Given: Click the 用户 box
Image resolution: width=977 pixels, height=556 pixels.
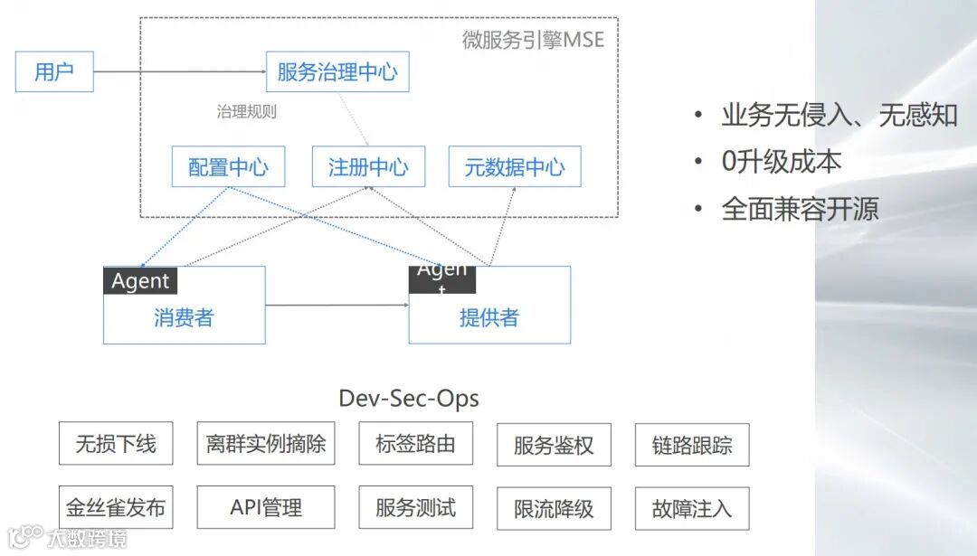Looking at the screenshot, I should pos(54,71).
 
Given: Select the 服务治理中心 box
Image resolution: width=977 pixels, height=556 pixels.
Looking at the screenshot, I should pos(337,71).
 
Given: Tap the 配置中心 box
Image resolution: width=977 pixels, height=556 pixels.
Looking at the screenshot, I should pos(228,166).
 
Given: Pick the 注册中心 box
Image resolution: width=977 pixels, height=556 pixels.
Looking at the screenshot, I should pos(368,166).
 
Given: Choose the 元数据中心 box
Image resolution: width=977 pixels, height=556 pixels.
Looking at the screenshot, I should pos(515,166).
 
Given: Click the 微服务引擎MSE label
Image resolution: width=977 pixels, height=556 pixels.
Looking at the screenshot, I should pos(533,40).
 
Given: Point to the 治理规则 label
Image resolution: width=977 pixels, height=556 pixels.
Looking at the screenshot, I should pos(246,112).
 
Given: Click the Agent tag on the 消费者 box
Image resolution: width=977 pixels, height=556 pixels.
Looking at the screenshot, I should pos(140,281).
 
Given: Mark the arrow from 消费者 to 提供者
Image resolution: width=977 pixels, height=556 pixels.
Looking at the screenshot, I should pos(337,305).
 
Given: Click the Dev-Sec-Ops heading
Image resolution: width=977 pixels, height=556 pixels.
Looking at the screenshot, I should pos(408,398).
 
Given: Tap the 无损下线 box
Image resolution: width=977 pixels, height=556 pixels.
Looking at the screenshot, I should pos(115,444).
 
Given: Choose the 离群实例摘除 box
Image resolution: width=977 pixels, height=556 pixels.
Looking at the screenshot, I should pos(265,444).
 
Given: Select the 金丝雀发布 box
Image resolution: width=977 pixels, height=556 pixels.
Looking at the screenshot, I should pos(115,508).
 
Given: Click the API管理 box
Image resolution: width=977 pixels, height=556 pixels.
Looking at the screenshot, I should pos(265,508).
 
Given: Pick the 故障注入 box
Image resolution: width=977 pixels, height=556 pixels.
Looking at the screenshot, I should pos(692,508).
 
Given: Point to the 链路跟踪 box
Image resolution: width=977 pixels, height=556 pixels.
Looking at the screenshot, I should pos(692,445).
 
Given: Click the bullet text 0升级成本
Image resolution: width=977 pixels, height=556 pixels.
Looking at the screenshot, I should pos(782,162).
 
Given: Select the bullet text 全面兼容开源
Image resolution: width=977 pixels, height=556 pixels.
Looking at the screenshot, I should pos(800,209).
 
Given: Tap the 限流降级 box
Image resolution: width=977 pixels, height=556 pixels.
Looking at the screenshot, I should pos(554,509).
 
